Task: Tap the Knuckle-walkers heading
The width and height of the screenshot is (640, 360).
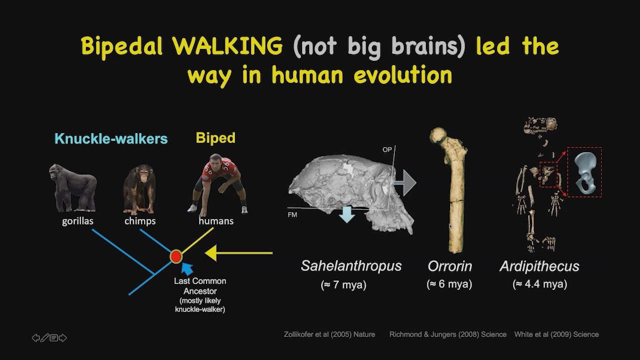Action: (111, 138)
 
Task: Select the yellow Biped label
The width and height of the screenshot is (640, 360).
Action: (215, 138)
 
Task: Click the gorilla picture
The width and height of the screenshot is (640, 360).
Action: (73, 187)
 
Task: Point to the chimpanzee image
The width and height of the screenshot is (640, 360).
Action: (139, 189)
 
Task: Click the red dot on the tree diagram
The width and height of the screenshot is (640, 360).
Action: (176, 256)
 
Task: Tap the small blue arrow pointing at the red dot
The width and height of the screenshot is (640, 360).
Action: (187, 269)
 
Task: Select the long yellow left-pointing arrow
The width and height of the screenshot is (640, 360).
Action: (239, 253)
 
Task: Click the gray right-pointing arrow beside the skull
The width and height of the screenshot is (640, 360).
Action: (405, 183)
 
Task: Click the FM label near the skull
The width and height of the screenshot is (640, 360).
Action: (292, 214)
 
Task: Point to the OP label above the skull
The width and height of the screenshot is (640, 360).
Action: (387, 149)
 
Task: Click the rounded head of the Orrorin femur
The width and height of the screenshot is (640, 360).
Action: (438, 135)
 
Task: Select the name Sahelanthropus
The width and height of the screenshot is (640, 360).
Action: (351, 265)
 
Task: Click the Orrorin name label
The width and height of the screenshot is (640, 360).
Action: (449, 266)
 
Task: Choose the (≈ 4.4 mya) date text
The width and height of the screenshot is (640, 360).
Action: (539, 284)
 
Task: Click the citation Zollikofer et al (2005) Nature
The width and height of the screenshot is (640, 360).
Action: (329, 334)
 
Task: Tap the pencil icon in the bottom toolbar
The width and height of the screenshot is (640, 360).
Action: (44, 338)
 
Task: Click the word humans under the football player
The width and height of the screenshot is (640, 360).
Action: (216, 221)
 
